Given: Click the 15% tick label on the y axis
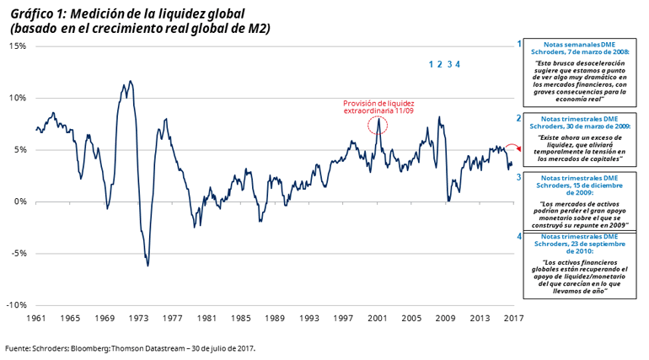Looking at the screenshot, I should click(x=16, y=46).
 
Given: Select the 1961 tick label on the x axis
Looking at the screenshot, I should click(x=36, y=319).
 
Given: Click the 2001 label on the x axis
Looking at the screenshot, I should click(x=377, y=319).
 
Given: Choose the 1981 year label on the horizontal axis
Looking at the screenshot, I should click(x=206, y=319).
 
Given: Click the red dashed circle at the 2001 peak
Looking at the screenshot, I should click(x=378, y=125).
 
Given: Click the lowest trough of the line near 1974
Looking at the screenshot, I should click(x=148, y=266).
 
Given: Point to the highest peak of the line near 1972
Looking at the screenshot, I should click(x=130, y=81).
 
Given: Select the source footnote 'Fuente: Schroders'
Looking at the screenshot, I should click(x=131, y=347).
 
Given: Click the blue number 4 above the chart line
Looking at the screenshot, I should click(x=458, y=64).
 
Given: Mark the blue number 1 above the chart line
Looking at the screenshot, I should click(x=431, y=64).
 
